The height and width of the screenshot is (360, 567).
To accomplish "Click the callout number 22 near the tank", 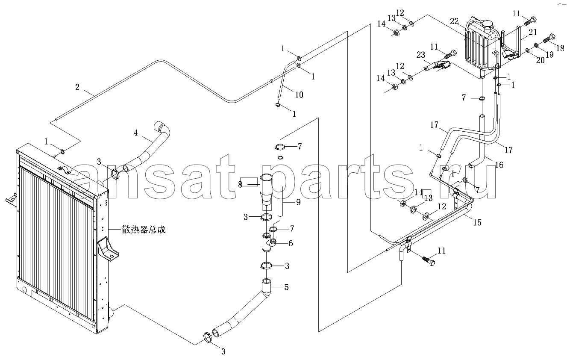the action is click(454, 21).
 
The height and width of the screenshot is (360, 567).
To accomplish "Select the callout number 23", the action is click(421, 55).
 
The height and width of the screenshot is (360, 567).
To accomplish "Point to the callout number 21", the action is click(533, 32).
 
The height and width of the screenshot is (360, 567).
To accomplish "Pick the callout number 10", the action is click(299, 95).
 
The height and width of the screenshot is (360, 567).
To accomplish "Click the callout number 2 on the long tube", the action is click(77, 87).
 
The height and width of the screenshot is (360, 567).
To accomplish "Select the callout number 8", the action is click(240, 185).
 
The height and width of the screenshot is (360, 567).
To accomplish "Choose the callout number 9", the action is click(298, 202).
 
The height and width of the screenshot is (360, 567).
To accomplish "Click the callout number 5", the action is click(286, 287).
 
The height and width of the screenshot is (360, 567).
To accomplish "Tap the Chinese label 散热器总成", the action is click(144, 230).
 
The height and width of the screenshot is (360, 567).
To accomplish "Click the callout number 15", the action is click(477, 222).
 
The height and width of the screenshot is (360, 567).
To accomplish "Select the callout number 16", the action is click(499, 165).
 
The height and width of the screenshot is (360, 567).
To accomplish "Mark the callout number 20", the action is click(540, 60).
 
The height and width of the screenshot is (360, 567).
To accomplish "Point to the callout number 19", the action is click(549, 54).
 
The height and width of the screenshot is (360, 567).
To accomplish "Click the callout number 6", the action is click(291, 243).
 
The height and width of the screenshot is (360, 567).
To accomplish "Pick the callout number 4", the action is click(136, 133).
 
